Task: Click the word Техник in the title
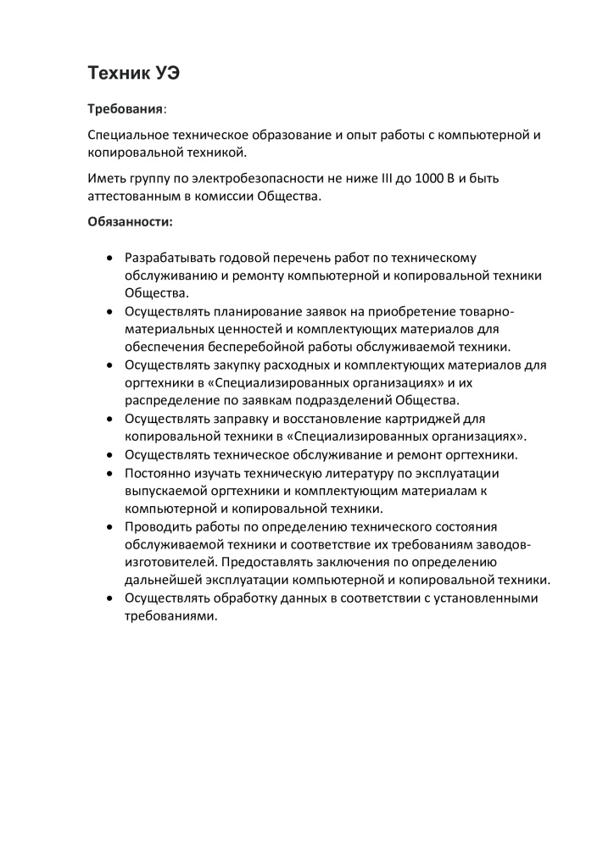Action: click(118, 74)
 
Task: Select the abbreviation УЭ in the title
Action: click(166, 74)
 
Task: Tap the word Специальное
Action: click(127, 135)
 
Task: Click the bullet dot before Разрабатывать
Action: click(110, 257)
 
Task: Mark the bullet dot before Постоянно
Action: click(110, 473)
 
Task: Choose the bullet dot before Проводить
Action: click(110, 526)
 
